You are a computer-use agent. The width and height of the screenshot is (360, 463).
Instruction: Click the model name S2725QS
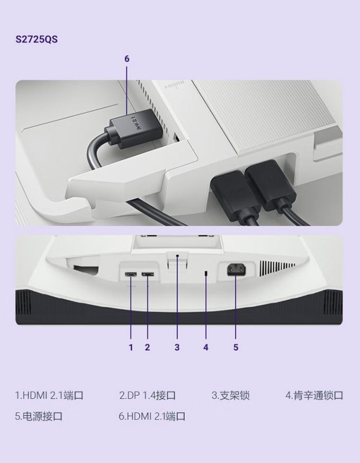click(37, 39)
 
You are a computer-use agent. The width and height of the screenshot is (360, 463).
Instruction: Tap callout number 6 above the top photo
click(127, 59)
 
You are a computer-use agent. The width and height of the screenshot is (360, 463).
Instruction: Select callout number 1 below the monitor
click(131, 347)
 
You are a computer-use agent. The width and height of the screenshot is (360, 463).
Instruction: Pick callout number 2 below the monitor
click(147, 347)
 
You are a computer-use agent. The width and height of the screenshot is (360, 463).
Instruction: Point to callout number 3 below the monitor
click(177, 347)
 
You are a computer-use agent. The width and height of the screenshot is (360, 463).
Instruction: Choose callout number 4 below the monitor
click(206, 347)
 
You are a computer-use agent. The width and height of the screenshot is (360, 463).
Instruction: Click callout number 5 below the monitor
click(235, 347)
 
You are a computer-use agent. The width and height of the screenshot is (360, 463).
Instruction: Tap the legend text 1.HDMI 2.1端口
click(49, 395)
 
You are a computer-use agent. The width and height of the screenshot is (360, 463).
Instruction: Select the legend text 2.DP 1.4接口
click(148, 395)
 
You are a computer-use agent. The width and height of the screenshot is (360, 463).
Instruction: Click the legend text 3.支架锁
click(230, 395)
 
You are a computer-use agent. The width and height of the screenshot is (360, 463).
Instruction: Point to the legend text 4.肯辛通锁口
click(314, 395)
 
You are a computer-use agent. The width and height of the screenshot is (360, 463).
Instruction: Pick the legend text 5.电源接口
click(38, 416)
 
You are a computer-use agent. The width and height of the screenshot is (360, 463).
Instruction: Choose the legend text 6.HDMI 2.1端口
click(152, 416)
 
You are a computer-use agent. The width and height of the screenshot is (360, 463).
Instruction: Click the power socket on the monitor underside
click(236, 270)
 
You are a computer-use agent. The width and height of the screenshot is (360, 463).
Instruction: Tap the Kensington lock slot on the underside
click(206, 274)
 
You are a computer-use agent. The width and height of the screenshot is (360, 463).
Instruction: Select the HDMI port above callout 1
click(131, 274)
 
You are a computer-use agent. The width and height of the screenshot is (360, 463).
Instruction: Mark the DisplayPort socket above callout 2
click(148, 274)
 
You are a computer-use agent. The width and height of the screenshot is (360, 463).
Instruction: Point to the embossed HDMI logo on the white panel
click(174, 84)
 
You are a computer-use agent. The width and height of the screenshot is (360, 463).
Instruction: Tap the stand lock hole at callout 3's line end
click(177, 256)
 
